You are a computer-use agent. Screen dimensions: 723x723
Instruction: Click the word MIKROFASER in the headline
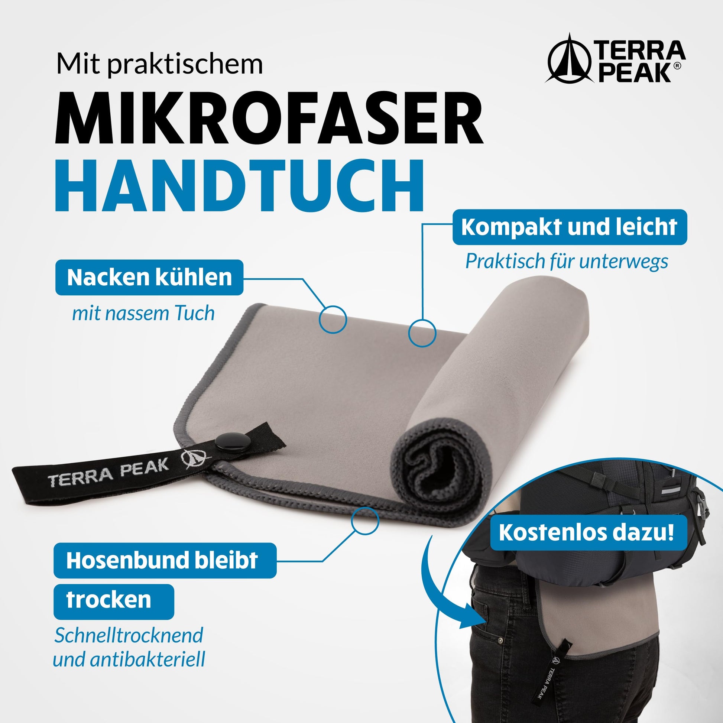269,117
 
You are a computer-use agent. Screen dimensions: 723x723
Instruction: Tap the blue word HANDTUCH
240,186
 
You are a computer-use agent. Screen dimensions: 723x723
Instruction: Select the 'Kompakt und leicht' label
570,227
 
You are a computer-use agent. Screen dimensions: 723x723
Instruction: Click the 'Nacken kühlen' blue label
149,277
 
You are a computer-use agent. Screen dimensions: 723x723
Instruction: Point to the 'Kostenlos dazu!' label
586,532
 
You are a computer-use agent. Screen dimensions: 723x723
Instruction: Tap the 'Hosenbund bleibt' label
165,560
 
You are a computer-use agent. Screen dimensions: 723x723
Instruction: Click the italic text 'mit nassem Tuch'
143,313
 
